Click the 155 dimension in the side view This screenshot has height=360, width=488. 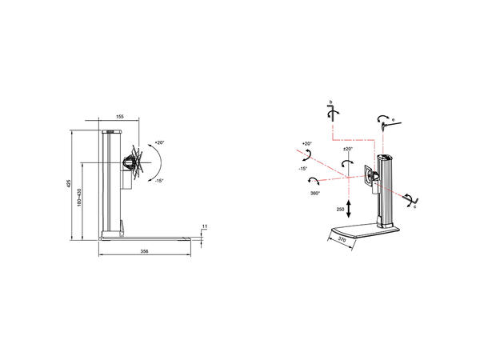[119, 117]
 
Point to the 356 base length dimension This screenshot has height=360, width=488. [145, 251]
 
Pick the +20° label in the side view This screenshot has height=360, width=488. [158, 142]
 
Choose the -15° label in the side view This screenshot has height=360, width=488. [158, 181]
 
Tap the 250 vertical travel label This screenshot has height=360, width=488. [340, 209]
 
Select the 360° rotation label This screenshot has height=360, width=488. [315, 193]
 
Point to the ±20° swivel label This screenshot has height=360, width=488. [348, 149]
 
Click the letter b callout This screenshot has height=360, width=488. [330, 102]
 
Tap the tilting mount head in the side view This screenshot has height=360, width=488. [131, 163]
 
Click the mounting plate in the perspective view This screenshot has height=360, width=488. [369, 177]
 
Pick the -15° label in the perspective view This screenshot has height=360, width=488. [302, 169]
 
